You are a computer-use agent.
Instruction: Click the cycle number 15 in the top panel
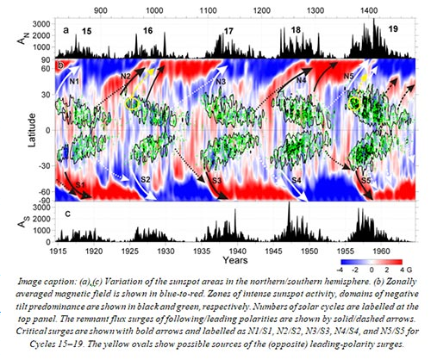point(86,31)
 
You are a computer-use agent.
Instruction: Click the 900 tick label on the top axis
point(101,11)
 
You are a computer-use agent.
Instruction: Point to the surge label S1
point(78,184)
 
